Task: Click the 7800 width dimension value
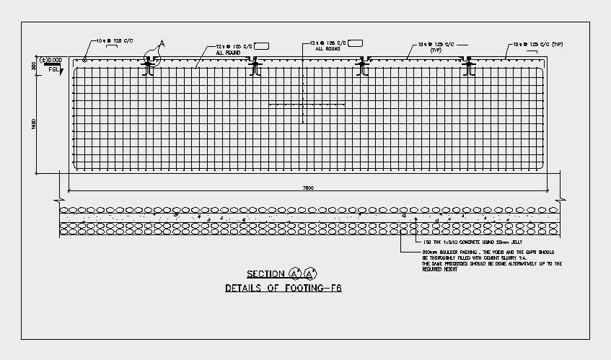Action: point(309,188)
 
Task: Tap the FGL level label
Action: point(54,69)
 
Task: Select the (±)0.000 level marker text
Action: point(52,59)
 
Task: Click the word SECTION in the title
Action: point(265,274)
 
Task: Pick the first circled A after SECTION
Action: point(294,274)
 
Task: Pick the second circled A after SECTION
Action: point(310,274)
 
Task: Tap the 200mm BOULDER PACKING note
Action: point(491,252)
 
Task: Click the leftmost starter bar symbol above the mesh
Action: point(149,67)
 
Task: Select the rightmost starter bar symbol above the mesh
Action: point(470,67)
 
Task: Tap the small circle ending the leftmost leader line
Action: point(85,59)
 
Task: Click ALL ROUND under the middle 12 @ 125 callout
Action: point(328,49)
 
